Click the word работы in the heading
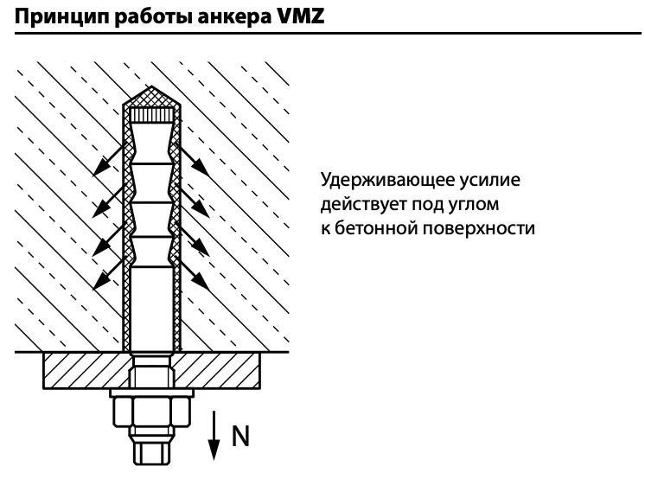coord(148,15)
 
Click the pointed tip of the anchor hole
coord(152,93)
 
